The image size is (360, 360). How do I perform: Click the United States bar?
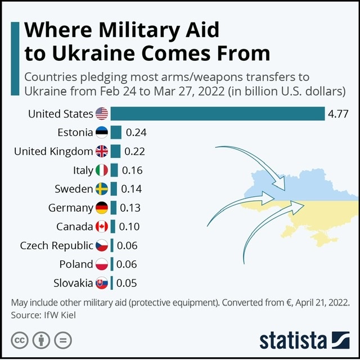[217, 114]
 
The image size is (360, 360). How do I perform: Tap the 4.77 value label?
[338, 114]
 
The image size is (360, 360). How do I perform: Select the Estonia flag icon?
[102, 133]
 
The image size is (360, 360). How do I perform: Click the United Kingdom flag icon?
[102, 151]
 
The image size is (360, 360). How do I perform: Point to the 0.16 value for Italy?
[132, 170]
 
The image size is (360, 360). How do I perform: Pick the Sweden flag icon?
[102, 189]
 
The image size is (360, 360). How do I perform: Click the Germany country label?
[70, 208]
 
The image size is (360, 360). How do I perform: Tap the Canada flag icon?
[102, 227]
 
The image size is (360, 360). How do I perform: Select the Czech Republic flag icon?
[102, 246]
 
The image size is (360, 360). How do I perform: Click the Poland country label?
[76, 264]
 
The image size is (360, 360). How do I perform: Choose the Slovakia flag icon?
[102, 283]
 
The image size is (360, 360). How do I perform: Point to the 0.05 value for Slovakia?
[126, 283]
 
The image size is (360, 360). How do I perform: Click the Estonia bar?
[116, 133]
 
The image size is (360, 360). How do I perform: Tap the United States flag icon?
[102, 114]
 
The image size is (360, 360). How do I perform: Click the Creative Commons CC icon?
[20, 340]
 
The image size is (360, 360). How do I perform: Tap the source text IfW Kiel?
[58, 316]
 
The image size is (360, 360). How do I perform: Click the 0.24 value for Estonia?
[136, 133]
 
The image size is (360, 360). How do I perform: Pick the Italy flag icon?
[102, 170]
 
